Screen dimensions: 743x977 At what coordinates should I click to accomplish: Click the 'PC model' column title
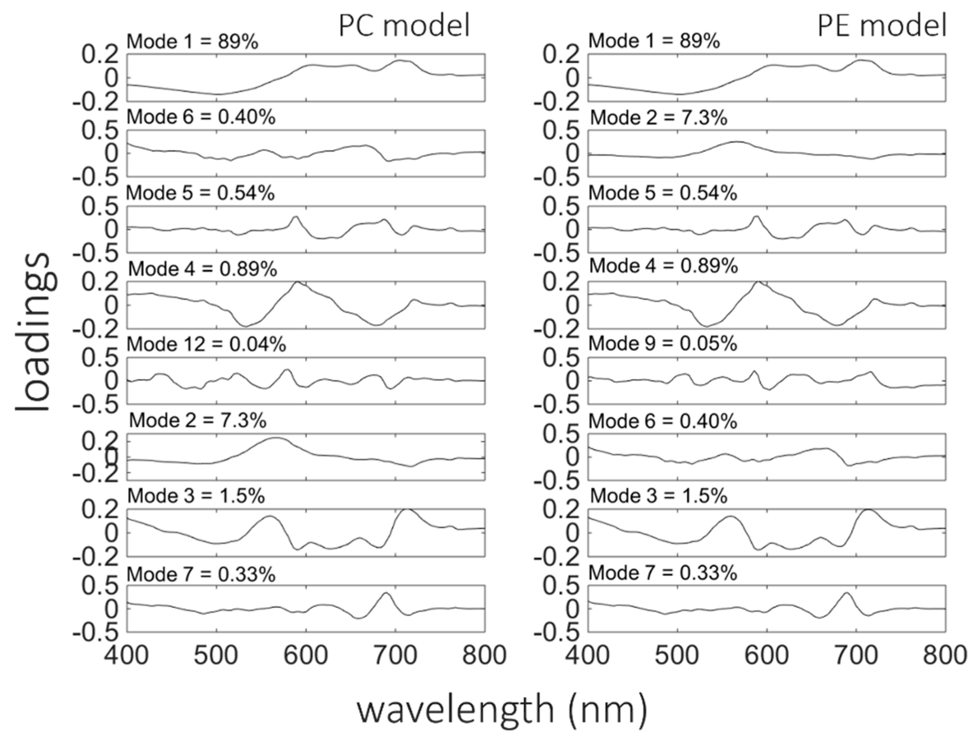point(404,25)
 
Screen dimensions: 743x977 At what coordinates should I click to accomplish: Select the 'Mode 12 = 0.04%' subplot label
point(207,345)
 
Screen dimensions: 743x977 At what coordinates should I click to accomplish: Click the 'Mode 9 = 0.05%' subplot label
point(663,345)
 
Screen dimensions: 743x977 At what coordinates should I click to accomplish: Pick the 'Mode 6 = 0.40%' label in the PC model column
point(201,118)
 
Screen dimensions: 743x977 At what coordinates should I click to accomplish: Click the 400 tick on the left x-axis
point(127,655)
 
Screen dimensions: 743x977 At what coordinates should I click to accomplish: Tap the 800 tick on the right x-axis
point(945,655)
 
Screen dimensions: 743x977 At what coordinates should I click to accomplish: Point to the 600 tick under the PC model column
point(306,655)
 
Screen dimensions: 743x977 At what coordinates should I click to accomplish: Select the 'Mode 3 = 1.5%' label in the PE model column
point(659,496)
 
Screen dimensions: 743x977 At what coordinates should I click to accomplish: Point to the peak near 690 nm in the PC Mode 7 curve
point(386,593)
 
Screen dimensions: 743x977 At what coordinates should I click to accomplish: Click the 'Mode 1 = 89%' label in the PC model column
point(192,42)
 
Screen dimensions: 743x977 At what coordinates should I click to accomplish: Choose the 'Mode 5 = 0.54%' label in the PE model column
point(663,194)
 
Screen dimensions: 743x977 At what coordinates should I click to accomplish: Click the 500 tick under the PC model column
point(217,655)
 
